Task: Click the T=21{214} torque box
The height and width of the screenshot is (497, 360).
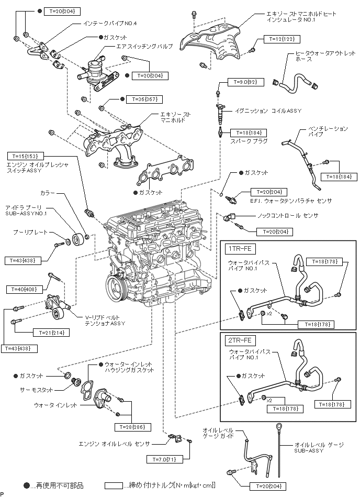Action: tap(50, 332)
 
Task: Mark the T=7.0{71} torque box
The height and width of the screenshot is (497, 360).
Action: tap(163, 459)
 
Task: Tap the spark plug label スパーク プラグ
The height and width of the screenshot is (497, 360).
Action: tap(249, 141)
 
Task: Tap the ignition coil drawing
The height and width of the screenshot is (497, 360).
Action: tap(220, 112)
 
